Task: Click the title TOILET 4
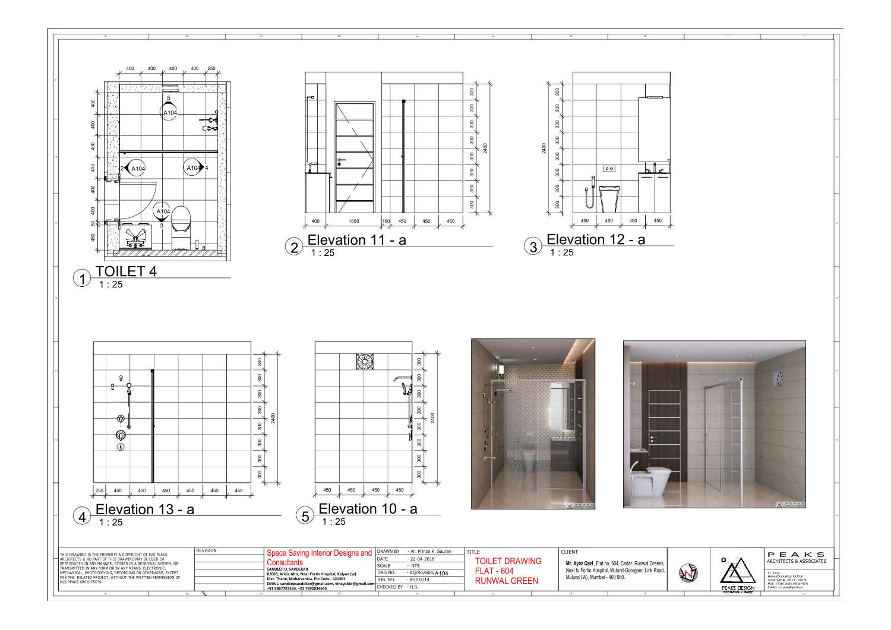click(126, 271)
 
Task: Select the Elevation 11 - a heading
click(356, 240)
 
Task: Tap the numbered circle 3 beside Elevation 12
click(533, 246)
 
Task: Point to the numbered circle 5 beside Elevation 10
click(305, 516)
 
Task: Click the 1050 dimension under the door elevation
click(353, 221)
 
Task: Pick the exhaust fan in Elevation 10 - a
click(365, 362)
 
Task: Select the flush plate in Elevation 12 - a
click(609, 169)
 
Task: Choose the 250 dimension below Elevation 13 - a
click(99, 491)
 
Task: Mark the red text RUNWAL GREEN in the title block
click(506, 581)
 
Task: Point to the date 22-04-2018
click(422, 559)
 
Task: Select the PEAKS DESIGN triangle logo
click(737, 571)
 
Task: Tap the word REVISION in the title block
click(207, 551)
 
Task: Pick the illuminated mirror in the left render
click(559, 405)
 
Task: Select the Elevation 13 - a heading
click(144, 509)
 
